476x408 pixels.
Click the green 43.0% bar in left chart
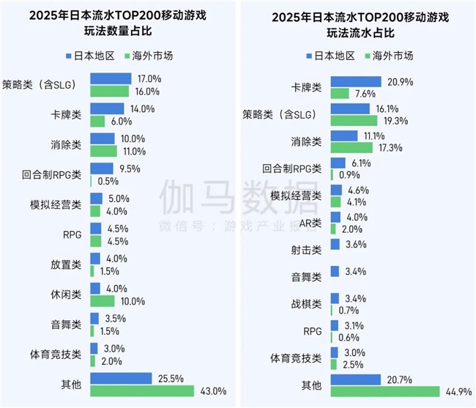(141, 390)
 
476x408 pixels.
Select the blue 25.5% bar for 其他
(121, 378)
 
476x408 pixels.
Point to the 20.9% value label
(398, 82)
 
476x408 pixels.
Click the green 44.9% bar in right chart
(384, 391)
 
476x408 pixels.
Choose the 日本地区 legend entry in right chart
(327, 55)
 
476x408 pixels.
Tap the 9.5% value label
(129, 168)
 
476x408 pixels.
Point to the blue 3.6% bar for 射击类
(335, 244)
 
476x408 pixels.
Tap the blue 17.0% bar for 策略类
(111, 78)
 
